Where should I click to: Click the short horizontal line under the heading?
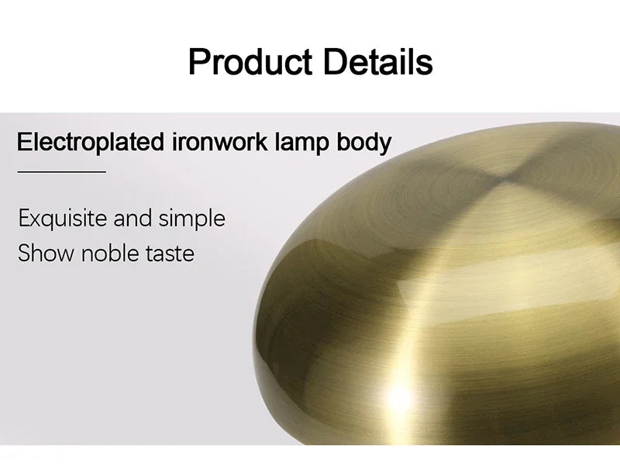[61, 171]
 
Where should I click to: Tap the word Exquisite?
[64, 219]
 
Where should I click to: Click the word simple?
[191, 219]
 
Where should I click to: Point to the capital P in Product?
[198, 61]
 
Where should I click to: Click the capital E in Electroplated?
[23, 143]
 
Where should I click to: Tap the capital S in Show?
[25, 253]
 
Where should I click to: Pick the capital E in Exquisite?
[24, 218]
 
